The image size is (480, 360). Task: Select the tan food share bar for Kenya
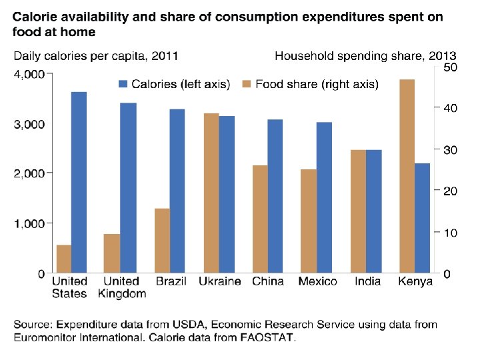tap(407, 176)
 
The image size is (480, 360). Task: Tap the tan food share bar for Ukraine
tap(211, 193)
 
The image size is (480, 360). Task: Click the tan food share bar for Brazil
tap(163, 241)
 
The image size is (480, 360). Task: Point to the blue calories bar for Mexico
tap(325, 197)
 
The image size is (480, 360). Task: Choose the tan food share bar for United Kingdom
tap(112, 253)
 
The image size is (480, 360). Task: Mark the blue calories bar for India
tap(374, 211)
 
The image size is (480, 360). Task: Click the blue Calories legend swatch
tap(123, 84)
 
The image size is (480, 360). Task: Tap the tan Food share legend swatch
tap(245, 84)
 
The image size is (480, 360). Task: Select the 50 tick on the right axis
tap(450, 67)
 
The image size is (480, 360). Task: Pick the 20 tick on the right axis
tap(450, 191)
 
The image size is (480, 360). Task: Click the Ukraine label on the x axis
tap(219, 281)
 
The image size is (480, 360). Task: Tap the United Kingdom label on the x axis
tap(122, 287)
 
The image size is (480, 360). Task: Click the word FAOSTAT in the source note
tap(266, 337)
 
